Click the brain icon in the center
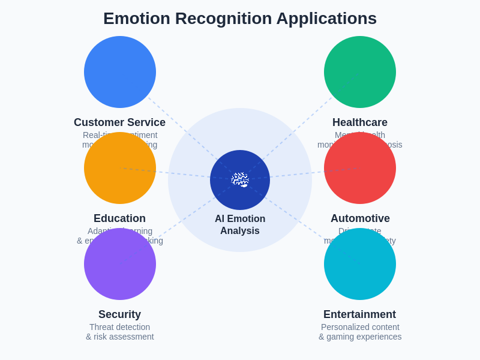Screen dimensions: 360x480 pyautogui.click(x=240, y=180)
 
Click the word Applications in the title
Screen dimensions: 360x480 pyautogui.click(x=326, y=19)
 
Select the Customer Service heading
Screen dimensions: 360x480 pyautogui.click(x=119, y=122)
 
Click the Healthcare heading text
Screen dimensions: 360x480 pyautogui.click(x=360, y=122)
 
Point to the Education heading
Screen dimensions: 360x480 pyautogui.click(x=119, y=218)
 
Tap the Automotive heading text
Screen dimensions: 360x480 pyautogui.click(x=360, y=218)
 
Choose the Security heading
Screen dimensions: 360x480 pyautogui.click(x=119, y=314)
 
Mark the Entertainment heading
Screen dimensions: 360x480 pyautogui.click(x=359, y=314)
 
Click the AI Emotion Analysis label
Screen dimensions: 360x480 pyautogui.click(x=240, y=225)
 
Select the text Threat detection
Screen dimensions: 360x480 pyautogui.click(x=119, y=327)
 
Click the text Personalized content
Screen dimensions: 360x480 pyautogui.click(x=360, y=327)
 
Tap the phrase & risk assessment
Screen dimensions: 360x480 pyautogui.click(x=119, y=337)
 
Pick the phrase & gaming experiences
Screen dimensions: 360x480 pyautogui.click(x=360, y=337)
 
